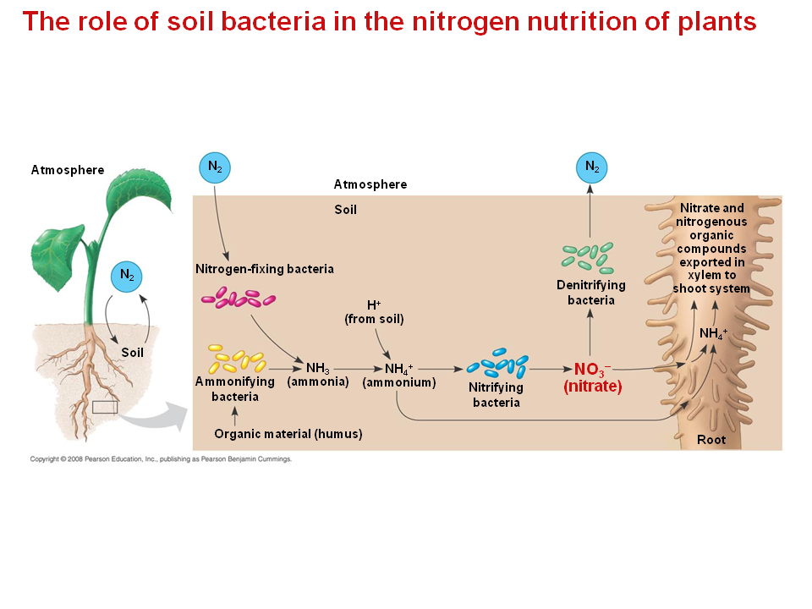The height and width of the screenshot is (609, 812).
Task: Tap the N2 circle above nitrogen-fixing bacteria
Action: click(216, 167)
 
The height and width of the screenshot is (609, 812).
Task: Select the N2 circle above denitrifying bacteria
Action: click(591, 167)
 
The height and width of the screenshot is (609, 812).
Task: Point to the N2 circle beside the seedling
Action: click(127, 275)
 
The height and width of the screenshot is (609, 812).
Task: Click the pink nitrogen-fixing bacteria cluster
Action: click(239, 298)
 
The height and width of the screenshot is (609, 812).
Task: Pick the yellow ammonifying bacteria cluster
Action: click(237, 359)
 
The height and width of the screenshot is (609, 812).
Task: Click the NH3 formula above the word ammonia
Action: click(317, 368)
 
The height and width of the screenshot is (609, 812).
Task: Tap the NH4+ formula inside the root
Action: click(713, 333)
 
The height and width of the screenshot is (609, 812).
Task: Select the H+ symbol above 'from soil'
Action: click(374, 304)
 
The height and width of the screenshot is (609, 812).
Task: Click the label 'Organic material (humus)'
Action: click(288, 434)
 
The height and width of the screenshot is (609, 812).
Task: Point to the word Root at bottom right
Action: click(711, 440)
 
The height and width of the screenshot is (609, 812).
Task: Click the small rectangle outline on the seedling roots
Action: click(104, 407)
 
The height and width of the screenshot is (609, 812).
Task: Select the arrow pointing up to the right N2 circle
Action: click(591, 211)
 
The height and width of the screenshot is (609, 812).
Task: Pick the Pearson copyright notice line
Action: click(161, 459)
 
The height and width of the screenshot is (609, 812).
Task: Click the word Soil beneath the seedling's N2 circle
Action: click(133, 352)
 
